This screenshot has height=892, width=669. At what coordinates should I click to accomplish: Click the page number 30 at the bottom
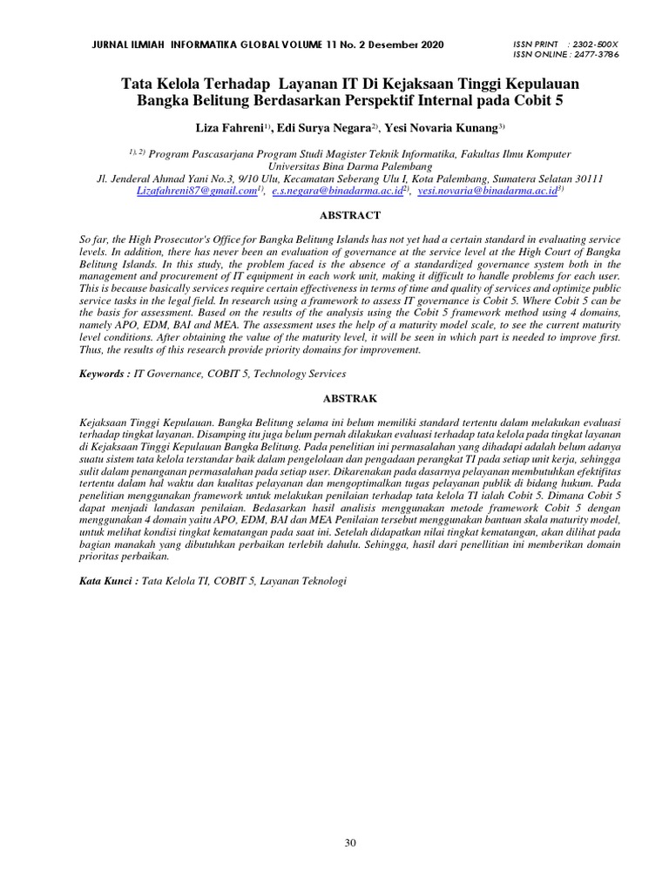tap(350, 842)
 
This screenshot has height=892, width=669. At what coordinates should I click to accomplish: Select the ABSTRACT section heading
tap(350, 215)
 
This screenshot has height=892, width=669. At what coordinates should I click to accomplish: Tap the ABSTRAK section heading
tap(350, 398)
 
